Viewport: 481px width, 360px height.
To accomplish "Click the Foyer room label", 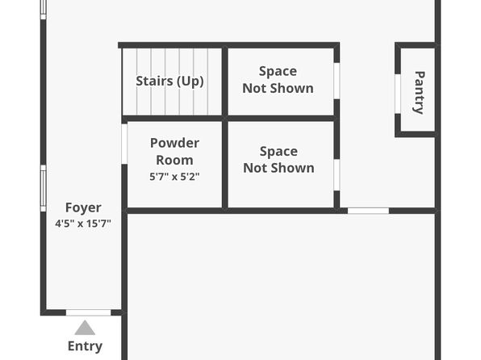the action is [83, 207].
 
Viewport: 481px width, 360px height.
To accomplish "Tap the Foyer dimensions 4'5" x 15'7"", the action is [83, 224].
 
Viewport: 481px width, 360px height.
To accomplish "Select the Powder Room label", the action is [174, 151].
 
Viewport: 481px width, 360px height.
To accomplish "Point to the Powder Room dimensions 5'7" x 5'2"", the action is [174, 177].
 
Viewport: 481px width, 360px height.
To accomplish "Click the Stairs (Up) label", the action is [169, 82].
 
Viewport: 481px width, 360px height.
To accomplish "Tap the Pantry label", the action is [420, 93].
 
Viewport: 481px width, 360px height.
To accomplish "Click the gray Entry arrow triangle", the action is [85, 328].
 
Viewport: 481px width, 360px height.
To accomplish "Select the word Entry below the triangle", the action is [85, 346].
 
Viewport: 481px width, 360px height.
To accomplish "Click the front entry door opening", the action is [88, 312].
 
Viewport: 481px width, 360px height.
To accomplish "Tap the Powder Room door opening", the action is [124, 144].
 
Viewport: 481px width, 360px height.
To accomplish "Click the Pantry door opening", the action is [398, 94].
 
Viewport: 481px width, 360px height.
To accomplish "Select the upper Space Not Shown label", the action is [278, 80].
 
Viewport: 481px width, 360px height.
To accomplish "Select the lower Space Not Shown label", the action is [278, 160].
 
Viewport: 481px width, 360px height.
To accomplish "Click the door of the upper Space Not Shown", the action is [337, 81].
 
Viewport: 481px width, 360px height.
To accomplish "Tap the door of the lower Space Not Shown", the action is [337, 175].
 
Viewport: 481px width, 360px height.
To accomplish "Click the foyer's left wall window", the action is [44, 188].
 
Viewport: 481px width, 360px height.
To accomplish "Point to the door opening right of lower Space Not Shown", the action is [368, 211].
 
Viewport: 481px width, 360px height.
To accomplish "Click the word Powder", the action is [174, 143].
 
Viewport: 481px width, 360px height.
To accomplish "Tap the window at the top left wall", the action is [44, 9].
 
